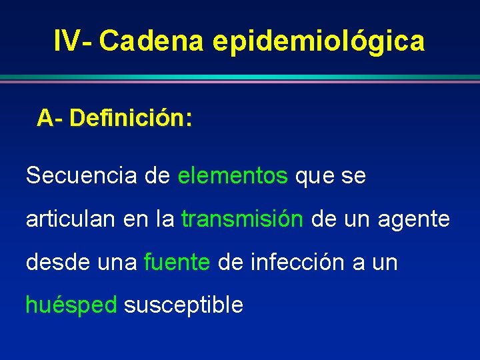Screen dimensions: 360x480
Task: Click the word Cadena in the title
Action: coord(154,41)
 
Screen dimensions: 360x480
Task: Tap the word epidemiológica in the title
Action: coord(319,41)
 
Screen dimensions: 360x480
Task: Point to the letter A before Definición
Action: coord(45,118)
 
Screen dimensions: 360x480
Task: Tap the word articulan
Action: coord(71,219)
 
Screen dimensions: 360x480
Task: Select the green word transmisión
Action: coord(242,219)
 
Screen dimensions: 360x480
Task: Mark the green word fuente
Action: coord(177,262)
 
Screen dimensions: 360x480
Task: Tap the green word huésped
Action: coord(71,305)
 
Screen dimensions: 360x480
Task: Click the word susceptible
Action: coord(183,305)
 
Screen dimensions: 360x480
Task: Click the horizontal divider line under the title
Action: coord(240,79)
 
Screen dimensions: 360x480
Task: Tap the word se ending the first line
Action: coord(353,177)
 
